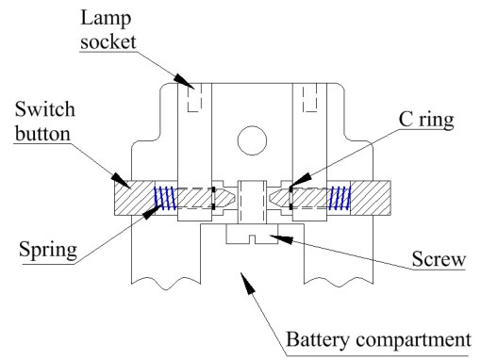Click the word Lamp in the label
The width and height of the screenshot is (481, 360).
pos(106,19)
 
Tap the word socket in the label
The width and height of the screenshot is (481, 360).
pos(108,41)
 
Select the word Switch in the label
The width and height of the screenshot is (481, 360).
pos(45,109)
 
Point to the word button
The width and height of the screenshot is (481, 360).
pos(42,133)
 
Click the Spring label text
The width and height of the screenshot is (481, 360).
pos(48,251)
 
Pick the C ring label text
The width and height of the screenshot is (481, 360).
pos(426,121)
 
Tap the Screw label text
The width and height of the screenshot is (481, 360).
pos(439,259)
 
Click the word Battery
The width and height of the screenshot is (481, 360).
pos(318,340)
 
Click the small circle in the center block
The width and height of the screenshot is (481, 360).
pos(252,140)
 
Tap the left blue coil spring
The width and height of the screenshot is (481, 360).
pos(164,198)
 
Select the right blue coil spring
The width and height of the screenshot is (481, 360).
pos(340,198)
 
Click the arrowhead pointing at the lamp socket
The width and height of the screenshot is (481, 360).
pos(184,81)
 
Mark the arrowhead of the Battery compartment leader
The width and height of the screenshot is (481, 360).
pos(248,283)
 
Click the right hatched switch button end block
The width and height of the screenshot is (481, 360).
pos(371,198)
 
